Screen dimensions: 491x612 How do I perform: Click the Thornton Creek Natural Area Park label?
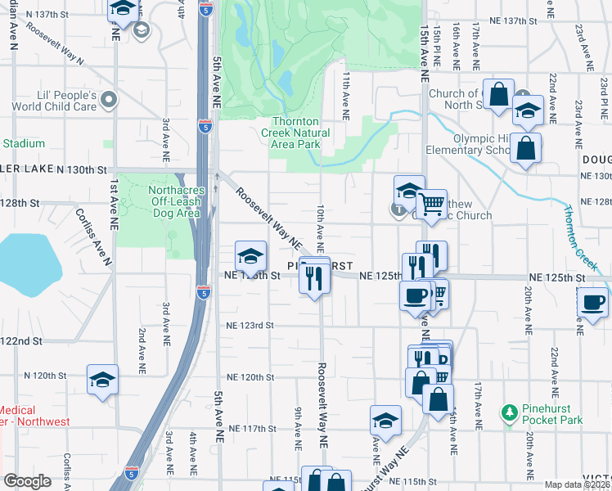(x=295, y=133)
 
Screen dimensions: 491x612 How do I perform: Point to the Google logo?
(x=27, y=481)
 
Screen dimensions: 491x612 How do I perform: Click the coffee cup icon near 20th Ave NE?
(x=592, y=301)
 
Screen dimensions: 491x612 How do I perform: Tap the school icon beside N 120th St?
(x=102, y=378)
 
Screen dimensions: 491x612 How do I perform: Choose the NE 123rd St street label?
(x=250, y=325)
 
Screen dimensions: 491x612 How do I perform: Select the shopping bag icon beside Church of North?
(x=498, y=93)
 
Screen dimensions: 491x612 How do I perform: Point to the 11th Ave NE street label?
(x=346, y=96)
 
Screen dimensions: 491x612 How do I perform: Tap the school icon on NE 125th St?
(x=251, y=255)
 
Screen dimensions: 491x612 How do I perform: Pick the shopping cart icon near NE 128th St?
(x=431, y=202)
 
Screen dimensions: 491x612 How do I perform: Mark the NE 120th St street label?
(x=250, y=377)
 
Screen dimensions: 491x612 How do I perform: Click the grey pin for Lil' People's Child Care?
(x=109, y=100)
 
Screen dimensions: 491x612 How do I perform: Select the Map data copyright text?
(x=577, y=484)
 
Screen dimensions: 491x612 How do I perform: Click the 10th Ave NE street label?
(x=321, y=228)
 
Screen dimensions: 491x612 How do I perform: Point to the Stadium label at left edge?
(x=23, y=143)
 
